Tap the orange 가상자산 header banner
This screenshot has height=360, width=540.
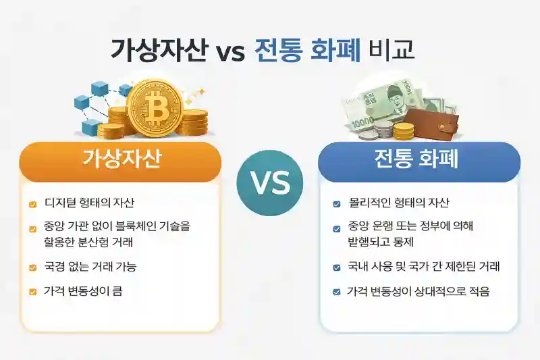click(x=120, y=161)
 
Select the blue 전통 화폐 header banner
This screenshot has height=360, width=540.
click(x=419, y=161)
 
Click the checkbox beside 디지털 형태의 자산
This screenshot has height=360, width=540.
click(x=32, y=203)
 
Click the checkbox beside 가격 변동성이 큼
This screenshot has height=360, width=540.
click(x=32, y=292)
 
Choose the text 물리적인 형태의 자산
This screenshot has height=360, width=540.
click(x=399, y=203)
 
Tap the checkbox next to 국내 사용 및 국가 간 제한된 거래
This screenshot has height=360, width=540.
click(x=337, y=267)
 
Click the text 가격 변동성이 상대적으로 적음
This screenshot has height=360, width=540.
click(x=418, y=292)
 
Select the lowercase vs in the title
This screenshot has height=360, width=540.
click(x=230, y=52)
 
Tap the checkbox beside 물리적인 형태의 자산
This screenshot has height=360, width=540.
click(x=337, y=203)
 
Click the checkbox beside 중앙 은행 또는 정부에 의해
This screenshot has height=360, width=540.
click(x=337, y=228)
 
